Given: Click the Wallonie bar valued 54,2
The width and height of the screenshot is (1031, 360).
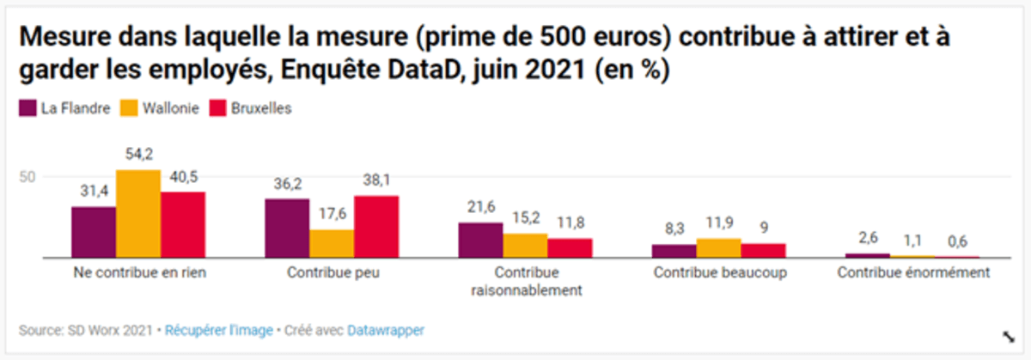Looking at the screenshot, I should point(137,214).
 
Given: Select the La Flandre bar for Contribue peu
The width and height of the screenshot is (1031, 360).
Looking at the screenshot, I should point(287,229).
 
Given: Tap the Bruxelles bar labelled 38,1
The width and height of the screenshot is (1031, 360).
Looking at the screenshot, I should point(376,227).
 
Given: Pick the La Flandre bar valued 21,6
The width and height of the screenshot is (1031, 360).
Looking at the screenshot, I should point(480,241).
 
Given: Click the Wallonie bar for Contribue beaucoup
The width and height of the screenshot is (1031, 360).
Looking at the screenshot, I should point(718,248).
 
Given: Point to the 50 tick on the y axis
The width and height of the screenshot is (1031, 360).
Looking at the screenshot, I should point(27,177).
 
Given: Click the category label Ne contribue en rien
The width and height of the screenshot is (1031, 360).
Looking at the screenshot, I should point(137,272).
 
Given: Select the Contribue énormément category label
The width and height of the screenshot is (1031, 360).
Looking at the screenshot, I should point(913,272).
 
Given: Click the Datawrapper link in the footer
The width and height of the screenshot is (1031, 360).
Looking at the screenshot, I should point(385,330).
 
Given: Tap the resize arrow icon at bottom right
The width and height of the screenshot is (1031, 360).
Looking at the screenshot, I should point(1007,336).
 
